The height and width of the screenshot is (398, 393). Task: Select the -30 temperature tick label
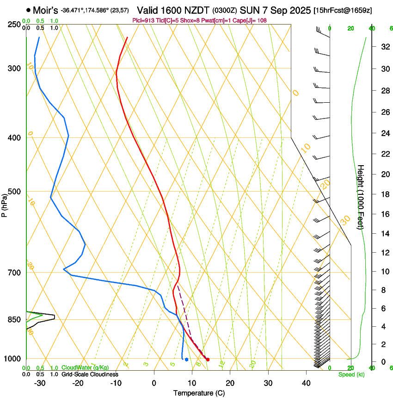(x=40, y=383)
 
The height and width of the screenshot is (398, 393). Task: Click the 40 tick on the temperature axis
(x=306, y=383)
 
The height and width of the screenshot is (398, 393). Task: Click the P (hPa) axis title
(x=4, y=204)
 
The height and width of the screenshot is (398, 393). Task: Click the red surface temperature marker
(x=208, y=360)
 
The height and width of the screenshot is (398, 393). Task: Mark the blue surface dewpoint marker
(x=186, y=359)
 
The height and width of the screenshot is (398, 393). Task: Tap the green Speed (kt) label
(x=351, y=374)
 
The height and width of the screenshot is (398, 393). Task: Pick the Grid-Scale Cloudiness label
(x=90, y=374)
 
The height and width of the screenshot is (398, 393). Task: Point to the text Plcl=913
(x=143, y=20)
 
